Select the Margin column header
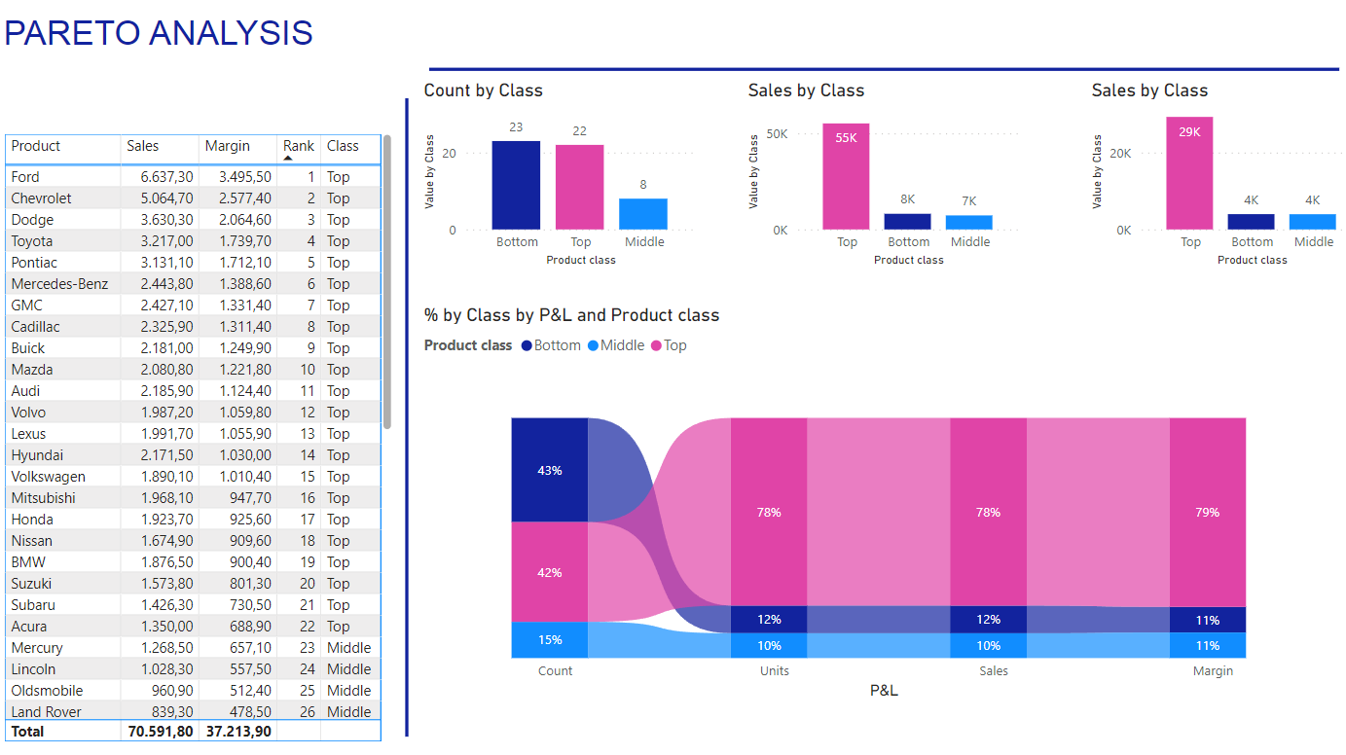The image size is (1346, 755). (x=227, y=146)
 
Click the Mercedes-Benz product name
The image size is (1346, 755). (x=59, y=284)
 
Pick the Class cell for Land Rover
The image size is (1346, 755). (x=348, y=712)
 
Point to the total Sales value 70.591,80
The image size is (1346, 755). (x=160, y=732)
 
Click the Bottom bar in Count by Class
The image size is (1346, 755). (x=516, y=185)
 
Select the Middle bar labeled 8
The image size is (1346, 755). (x=643, y=214)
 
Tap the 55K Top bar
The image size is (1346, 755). (x=846, y=176)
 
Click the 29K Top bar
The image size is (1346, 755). (x=1189, y=173)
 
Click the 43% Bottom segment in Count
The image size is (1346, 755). (x=550, y=470)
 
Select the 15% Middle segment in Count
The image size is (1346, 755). (x=550, y=640)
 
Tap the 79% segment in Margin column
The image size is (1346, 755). (x=1208, y=512)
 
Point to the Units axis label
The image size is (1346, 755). (x=775, y=671)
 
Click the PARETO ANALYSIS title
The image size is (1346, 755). (x=159, y=33)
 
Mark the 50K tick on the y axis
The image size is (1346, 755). (x=777, y=133)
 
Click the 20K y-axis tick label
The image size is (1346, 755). (x=1120, y=154)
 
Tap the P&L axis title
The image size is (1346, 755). (x=884, y=691)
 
